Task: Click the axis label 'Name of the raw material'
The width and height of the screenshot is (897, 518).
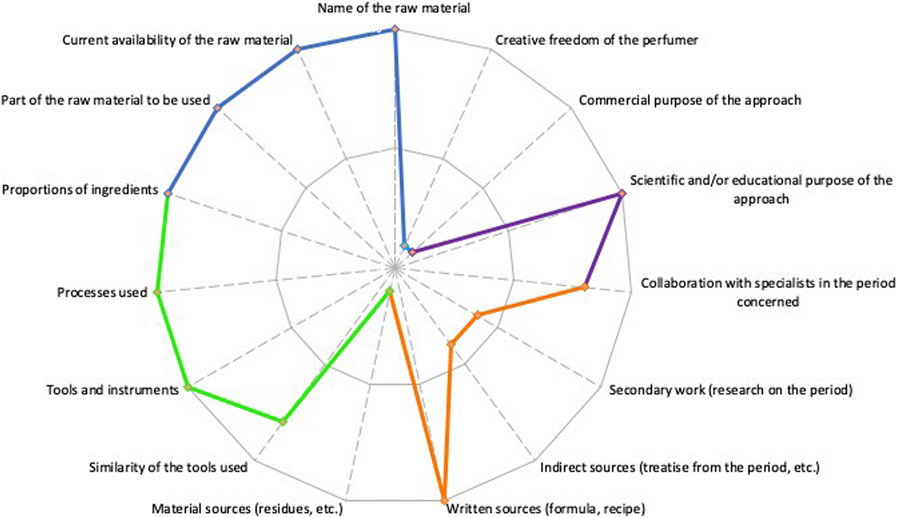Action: click(x=394, y=8)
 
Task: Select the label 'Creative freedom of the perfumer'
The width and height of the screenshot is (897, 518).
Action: click(x=596, y=40)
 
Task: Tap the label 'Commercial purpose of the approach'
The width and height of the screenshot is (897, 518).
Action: click(x=690, y=100)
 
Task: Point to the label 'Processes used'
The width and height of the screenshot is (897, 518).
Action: click(x=102, y=292)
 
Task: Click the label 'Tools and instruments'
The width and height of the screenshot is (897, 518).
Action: click(x=113, y=390)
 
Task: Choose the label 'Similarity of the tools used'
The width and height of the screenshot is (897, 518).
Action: click(x=168, y=468)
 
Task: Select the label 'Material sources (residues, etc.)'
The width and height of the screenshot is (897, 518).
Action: click(x=248, y=509)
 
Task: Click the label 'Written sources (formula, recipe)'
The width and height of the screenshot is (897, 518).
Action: click(x=546, y=509)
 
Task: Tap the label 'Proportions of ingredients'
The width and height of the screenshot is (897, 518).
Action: click(x=80, y=190)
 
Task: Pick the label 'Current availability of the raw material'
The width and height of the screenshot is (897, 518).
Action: click(x=178, y=40)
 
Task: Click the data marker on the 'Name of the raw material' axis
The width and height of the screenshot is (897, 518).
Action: click(x=395, y=29)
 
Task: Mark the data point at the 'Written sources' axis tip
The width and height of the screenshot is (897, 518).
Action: click(x=444, y=501)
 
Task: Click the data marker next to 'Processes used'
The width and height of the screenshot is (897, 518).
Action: click(x=158, y=292)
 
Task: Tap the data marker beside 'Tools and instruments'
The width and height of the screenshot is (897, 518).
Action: click(x=187, y=387)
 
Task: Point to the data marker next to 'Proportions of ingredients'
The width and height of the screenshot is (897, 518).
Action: click(x=168, y=193)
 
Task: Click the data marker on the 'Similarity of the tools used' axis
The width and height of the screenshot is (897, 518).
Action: click(x=283, y=422)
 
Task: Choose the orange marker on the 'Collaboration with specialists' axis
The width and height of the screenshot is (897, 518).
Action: click(x=585, y=287)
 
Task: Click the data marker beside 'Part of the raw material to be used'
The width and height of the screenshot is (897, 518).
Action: click(x=217, y=108)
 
